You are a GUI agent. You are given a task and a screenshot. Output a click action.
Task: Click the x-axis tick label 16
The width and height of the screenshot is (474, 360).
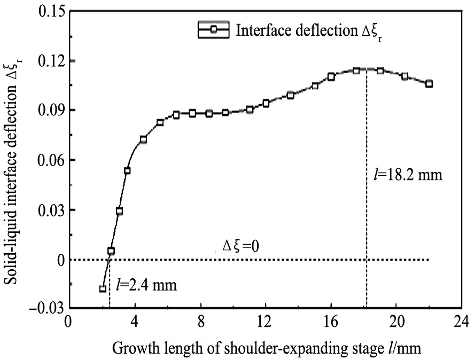[331, 323]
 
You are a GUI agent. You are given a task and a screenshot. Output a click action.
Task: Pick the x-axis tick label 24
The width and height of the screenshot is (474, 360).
[461, 323]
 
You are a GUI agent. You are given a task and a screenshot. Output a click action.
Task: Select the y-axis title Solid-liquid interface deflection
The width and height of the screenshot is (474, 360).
[12, 160]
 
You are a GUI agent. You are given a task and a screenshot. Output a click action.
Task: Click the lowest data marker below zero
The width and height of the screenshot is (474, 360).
[103, 289]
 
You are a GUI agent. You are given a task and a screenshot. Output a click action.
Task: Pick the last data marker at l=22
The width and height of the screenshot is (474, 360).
[429, 84]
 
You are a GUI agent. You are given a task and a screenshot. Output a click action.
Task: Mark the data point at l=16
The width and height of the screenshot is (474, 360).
[331, 77]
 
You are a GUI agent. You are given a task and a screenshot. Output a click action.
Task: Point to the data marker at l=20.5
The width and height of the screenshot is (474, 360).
[405, 76]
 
